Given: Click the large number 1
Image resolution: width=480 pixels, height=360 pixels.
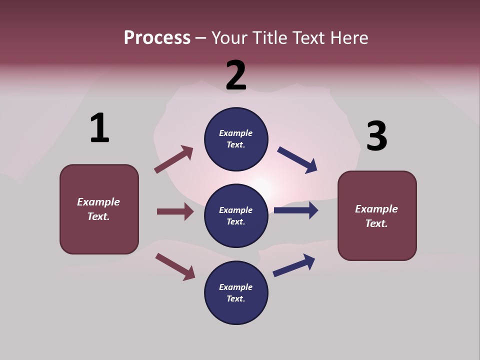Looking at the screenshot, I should click(x=99, y=128).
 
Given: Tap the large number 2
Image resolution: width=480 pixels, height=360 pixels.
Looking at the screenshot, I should click(x=236, y=75).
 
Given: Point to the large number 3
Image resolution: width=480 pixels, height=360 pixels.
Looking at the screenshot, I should click(x=377, y=136).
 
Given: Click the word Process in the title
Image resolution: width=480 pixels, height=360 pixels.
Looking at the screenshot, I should click(x=157, y=37).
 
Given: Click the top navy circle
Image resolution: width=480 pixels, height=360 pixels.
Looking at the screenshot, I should click(x=236, y=139).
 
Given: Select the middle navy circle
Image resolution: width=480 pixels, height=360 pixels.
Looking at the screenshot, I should click(x=236, y=215).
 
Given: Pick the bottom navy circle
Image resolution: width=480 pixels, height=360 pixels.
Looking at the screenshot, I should click(x=236, y=292).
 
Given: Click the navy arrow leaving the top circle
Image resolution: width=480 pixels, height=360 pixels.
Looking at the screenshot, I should click(x=297, y=160).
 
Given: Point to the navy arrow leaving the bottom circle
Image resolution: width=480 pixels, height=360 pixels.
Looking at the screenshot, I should click(x=294, y=265).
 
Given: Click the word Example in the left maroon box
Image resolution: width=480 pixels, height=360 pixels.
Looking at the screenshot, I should click(x=98, y=202).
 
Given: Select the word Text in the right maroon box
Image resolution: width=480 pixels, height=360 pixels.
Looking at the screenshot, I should click(x=375, y=223).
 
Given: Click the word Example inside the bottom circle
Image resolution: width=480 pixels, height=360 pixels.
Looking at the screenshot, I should click(x=236, y=287).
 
